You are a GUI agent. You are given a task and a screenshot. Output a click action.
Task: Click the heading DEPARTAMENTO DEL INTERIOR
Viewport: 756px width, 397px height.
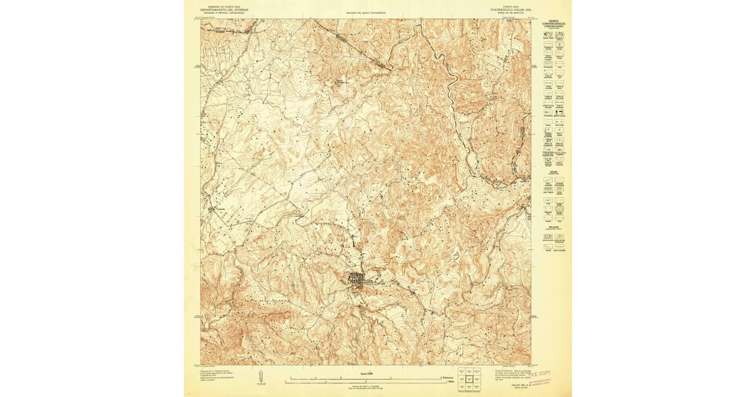pos(224,10)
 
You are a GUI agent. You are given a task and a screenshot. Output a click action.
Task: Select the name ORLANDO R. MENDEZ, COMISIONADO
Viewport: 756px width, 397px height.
pos(224,13)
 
